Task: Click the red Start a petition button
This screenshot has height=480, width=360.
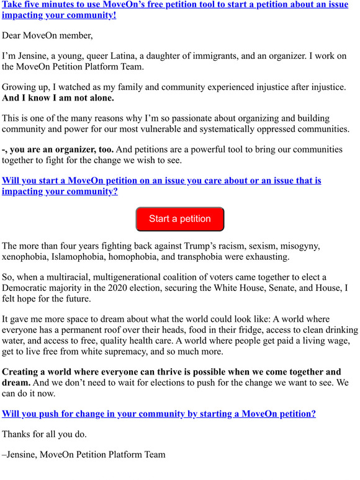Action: (180, 219)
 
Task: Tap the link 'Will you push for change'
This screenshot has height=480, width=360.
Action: (159, 414)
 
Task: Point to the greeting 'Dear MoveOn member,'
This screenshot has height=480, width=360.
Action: (47, 35)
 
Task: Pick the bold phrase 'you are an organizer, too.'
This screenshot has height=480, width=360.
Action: (62, 149)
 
